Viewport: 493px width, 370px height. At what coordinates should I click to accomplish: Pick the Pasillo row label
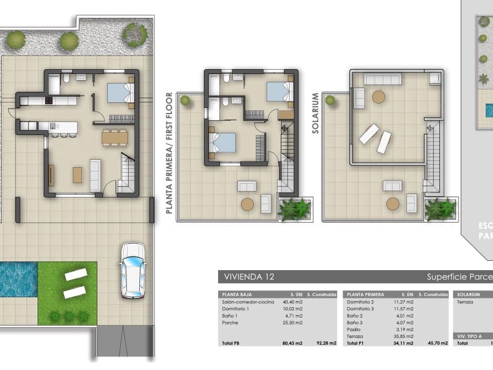[354, 329]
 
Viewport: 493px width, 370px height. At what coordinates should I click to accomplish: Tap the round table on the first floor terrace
[247, 205]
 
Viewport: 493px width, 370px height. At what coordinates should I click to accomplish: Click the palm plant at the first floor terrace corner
[294, 209]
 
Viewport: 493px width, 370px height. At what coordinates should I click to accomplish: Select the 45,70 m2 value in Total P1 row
[428, 343]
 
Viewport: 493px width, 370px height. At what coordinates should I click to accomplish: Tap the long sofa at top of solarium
[383, 79]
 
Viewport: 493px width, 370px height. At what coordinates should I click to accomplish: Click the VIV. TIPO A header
[468, 336]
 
